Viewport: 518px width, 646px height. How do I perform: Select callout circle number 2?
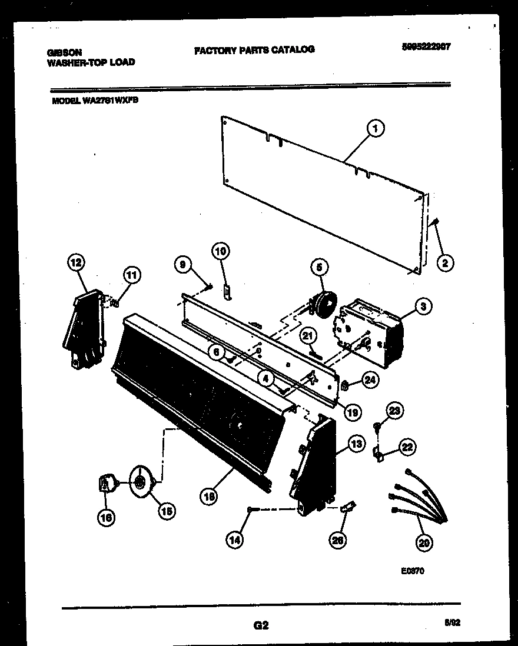(x=444, y=263)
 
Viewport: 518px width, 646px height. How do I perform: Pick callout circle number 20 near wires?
(x=423, y=543)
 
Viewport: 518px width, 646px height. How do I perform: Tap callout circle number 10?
(x=220, y=252)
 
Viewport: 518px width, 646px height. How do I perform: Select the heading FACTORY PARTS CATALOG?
(x=254, y=50)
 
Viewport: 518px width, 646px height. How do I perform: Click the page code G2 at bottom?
(x=261, y=625)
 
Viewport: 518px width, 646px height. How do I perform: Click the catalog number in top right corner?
(x=422, y=47)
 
